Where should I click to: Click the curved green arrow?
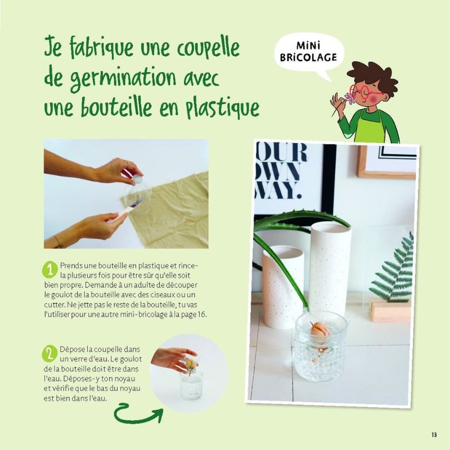tap(138, 415)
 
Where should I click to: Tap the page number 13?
tap(434, 434)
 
